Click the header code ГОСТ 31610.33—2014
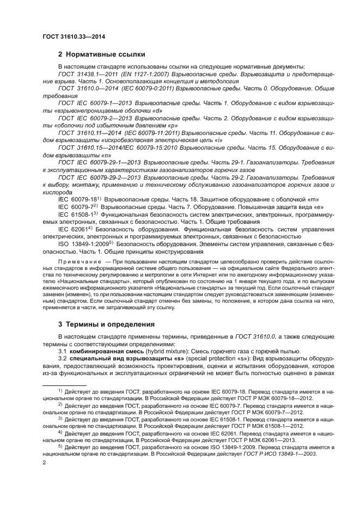pyautogui.click(x=74, y=36)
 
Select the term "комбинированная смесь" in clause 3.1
pyautogui.click(x=108, y=351)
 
